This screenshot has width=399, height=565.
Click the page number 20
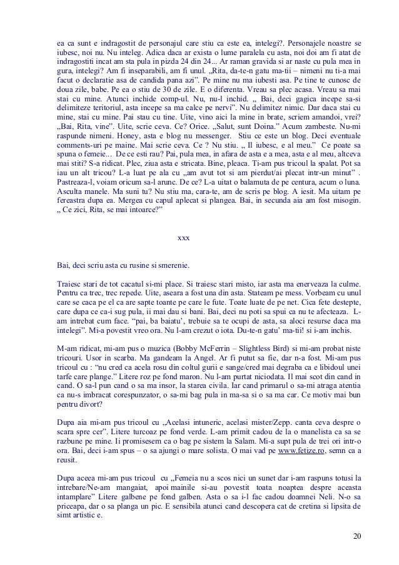click(x=356, y=536)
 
